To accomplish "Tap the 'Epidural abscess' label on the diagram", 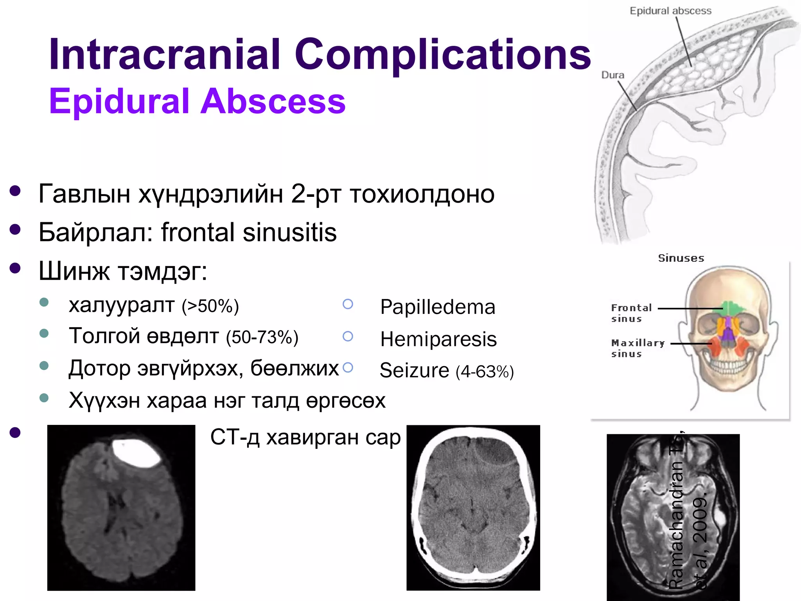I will (670, 11).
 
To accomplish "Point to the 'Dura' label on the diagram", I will (612, 75).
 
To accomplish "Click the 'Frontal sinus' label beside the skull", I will (631, 313).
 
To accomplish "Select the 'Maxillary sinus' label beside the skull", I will (637, 348).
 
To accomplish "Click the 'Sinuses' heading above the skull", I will (681, 258).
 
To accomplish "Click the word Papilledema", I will (438, 307).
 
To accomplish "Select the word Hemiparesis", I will (438, 339).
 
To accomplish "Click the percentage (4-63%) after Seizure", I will (485, 372).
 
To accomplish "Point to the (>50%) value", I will (210, 306).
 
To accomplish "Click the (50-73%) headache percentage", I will (262, 338).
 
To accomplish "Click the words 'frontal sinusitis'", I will (249, 232).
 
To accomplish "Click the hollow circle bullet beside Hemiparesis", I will (348, 336).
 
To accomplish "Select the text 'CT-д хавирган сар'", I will (305, 437).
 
